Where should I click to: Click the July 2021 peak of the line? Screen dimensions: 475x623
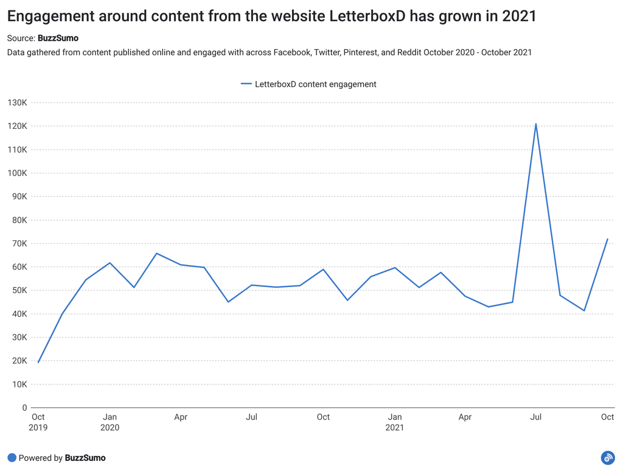click(536, 124)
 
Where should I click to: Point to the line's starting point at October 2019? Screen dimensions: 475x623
click(38, 362)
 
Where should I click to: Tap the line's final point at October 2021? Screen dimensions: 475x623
click(607, 239)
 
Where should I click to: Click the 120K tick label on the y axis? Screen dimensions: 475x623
click(17, 126)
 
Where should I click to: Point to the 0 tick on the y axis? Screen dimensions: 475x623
click(24, 408)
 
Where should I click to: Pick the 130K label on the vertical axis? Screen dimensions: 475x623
click(17, 103)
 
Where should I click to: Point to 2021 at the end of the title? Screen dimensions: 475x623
click(519, 16)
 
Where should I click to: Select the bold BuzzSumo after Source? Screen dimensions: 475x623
click(58, 38)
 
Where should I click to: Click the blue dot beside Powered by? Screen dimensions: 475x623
click(12, 458)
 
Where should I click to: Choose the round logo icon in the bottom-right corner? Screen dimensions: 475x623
click(607, 458)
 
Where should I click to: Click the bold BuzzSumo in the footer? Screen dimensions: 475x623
click(85, 458)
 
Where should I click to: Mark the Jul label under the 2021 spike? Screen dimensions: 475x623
click(536, 417)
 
